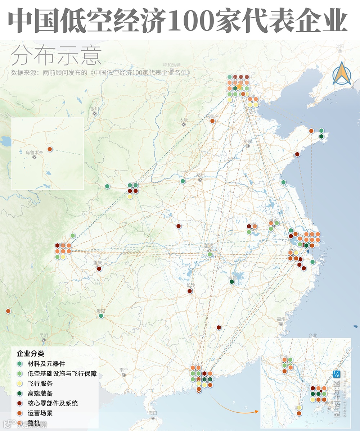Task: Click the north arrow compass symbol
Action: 342,73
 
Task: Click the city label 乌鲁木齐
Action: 32,153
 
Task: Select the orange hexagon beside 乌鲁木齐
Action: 50,149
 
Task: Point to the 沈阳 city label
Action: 339,47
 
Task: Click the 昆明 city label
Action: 44,335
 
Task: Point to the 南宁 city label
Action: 123,370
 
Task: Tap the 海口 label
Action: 153,413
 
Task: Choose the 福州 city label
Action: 281,319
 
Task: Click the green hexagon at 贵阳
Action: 101,316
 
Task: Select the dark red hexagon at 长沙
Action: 190,291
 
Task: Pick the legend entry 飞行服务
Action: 40,384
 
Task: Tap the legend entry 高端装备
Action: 40,394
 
